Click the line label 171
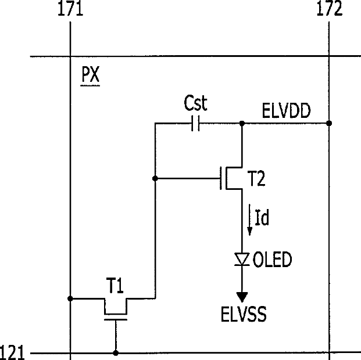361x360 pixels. coord(70,9)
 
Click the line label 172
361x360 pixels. coord(330,8)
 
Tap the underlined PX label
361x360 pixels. coord(90,74)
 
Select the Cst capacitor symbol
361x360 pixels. coord(195,124)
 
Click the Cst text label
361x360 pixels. coord(196,103)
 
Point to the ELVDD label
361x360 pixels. coord(286,111)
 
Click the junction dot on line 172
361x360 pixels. coord(329,123)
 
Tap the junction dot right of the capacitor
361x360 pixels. coord(242,124)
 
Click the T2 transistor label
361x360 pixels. coord(256,178)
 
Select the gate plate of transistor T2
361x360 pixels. coord(221,178)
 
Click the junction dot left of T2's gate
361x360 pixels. coord(155,178)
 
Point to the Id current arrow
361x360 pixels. coord(250,219)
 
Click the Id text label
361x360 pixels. coord(262,217)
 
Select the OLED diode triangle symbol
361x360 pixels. coord(242,259)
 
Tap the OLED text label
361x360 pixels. coord(273,260)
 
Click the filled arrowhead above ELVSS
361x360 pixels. coord(242,297)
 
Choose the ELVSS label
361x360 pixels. coord(244,314)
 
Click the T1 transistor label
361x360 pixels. coord(115,286)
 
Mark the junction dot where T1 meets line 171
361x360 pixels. coord(70,298)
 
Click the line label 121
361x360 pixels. coord(12,352)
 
